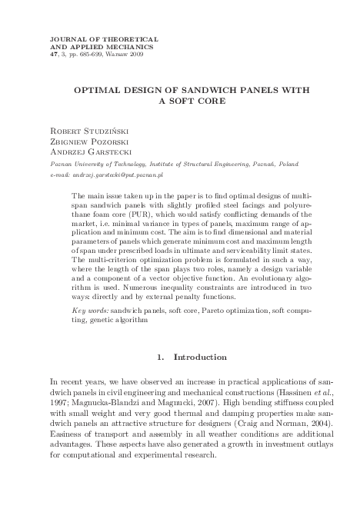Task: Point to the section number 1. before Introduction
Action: (x=158, y=357)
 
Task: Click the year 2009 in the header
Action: (x=135, y=55)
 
